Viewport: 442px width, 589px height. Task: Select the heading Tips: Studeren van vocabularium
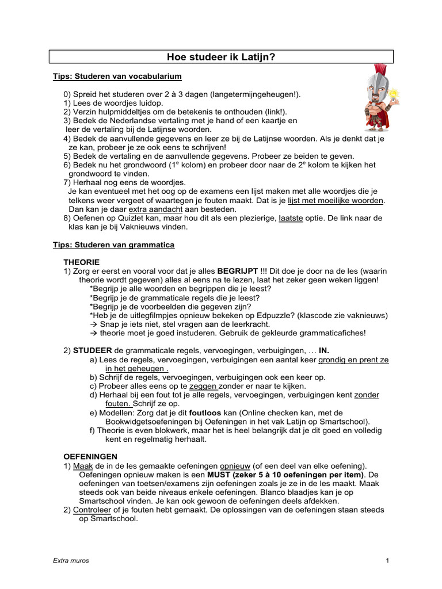(x=117, y=76)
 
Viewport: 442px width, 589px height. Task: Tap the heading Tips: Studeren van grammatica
(x=113, y=244)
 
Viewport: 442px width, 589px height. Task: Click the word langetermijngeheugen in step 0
(x=252, y=94)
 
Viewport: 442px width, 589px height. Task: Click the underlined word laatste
(x=291, y=218)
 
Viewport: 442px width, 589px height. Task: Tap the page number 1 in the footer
(x=388, y=561)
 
